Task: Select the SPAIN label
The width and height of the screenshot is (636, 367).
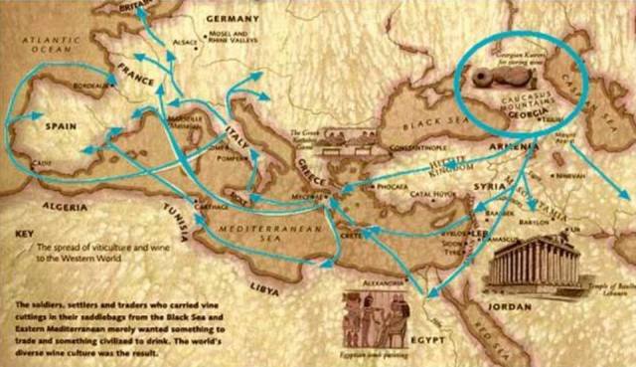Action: (52, 127)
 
